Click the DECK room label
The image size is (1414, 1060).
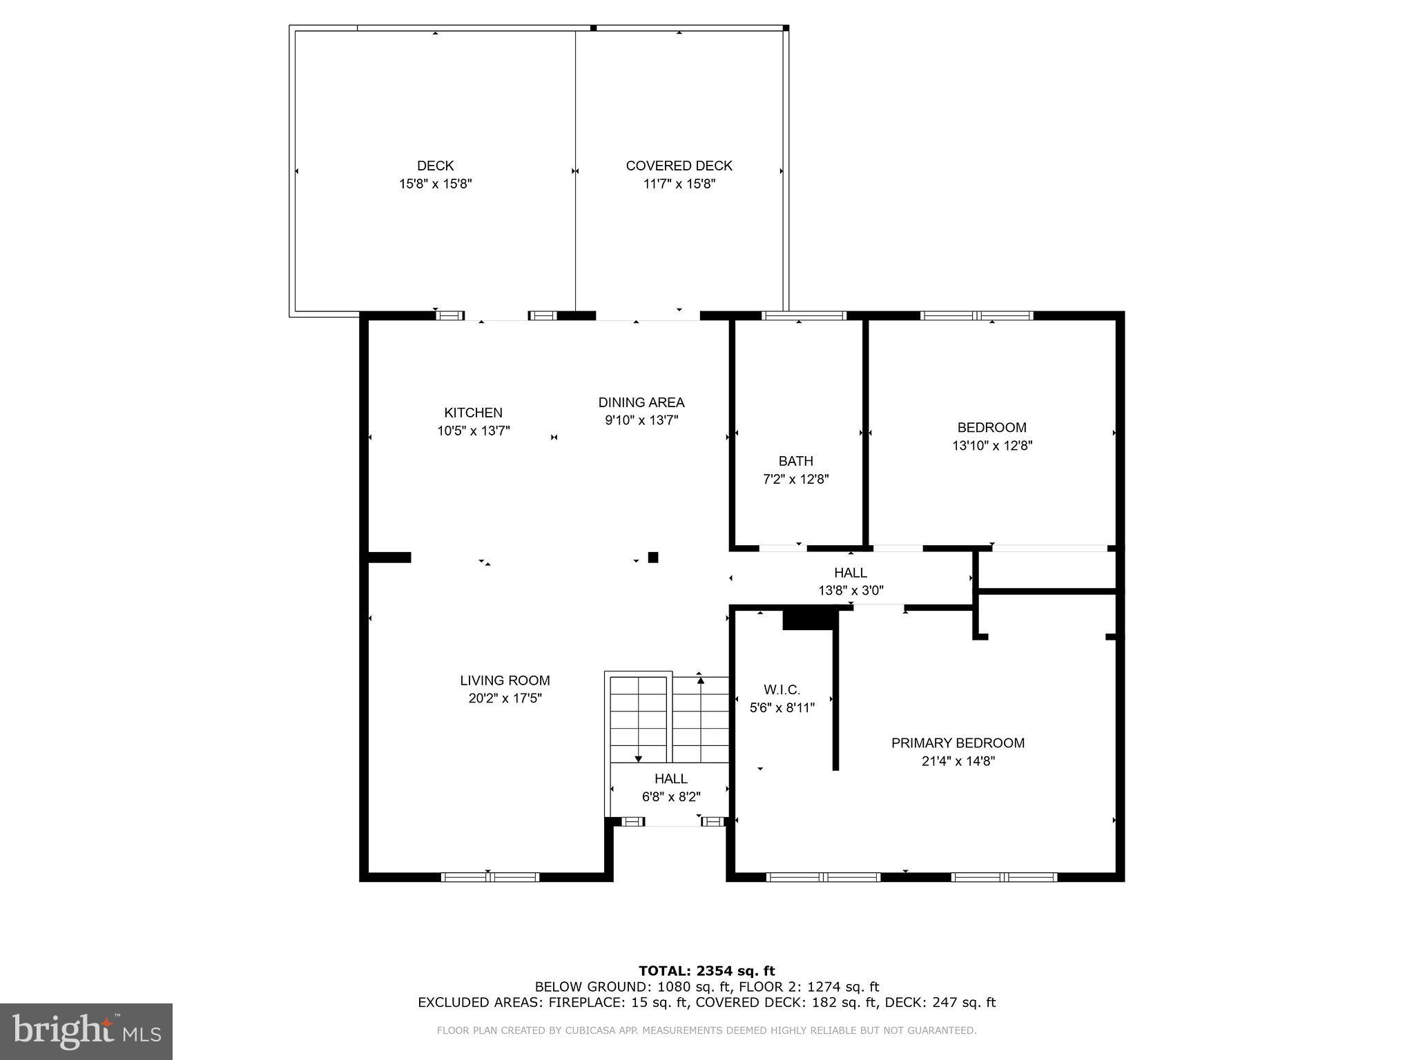[435, 166]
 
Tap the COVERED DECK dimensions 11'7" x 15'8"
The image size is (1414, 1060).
[679, 184]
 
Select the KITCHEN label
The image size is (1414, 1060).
[473, 413]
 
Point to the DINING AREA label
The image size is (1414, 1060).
[641, 402]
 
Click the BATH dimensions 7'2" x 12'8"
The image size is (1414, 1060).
[795, 479]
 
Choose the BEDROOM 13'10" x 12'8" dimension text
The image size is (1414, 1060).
[991, 446]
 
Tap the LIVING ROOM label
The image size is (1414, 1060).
[505, 680]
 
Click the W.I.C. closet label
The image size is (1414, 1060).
[782, 689]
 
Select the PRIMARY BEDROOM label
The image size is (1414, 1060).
[958, 743]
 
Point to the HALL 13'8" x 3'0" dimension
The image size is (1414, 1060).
[850, 591]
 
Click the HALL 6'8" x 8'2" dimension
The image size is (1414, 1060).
[670, 796]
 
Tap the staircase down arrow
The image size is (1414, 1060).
[638, 758]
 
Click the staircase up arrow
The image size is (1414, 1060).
[701, 680]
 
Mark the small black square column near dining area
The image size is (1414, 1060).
[652, 558]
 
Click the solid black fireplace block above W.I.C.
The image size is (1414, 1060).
[809, 618]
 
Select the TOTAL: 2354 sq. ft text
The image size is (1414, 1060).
[706, 971]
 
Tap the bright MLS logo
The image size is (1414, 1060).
[86, 1031]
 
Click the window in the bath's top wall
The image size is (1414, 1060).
[803, 315]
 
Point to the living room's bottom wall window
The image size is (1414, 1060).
[490, 877]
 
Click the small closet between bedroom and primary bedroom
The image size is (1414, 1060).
[1046, 570]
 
